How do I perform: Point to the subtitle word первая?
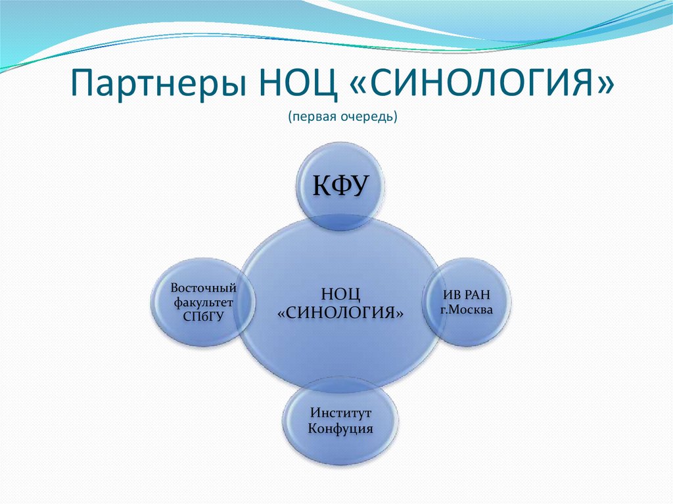point(312,116)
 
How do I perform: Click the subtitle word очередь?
point(365,116)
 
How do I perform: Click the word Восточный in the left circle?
point(203,288)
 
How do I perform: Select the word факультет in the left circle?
point(203,302)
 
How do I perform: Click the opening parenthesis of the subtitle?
point(289,117)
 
